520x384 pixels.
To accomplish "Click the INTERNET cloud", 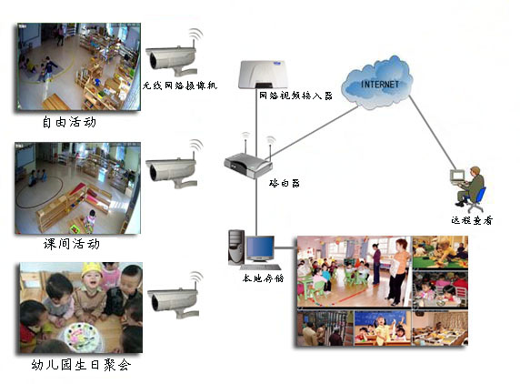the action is coord(377,83).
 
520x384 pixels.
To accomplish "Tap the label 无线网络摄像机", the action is coord(180,86).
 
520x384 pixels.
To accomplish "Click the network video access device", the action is coord(264,75).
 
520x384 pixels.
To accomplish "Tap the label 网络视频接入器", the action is coord(295,96).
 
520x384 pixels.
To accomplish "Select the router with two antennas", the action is coord(248,161).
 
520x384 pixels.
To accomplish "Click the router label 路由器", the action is coord(285,183).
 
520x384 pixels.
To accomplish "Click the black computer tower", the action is coord(235,247).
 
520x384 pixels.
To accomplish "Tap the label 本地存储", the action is coord(263,278).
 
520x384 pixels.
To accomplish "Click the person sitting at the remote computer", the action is coord(471,186).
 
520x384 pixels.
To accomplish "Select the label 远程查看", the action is coord(472,220).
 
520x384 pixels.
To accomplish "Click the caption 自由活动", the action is coord(69,122).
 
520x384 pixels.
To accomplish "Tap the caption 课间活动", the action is coord(71,244).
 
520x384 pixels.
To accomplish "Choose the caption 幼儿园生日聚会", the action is coord(81,365).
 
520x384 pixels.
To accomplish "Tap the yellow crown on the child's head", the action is coord(92,268).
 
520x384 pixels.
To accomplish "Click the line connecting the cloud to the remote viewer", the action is coord(433,132).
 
